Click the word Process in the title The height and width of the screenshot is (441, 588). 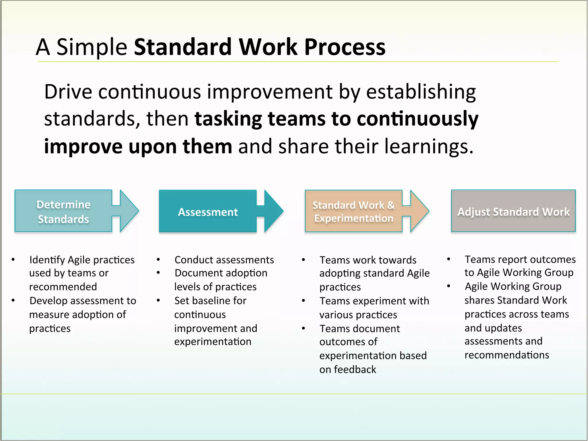(x=345, y=47)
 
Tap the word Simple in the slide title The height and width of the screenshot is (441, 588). (x=92, y=47)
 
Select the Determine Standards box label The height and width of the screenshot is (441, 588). (x=63, y=212)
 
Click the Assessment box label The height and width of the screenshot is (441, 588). (x=208, y=212)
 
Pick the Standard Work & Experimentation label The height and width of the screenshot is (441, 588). (x=353, y=212)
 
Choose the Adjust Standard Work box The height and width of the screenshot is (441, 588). (x=513, y=211)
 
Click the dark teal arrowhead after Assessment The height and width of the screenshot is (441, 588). (x=273, y=211)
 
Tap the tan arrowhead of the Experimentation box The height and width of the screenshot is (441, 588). (x=419, y=211)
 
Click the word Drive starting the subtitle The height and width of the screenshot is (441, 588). (x=68, y=92)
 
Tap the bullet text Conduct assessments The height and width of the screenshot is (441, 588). (x=224, y=260)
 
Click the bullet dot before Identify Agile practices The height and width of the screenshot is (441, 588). (x=13, y=260)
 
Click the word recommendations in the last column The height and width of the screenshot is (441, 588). (x=507, y=355)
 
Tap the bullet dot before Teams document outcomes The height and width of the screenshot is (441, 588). (x=303, y=328)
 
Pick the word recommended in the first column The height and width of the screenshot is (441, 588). (x=63, y=287)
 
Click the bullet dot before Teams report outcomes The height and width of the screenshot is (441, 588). (x=448, y=259)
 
